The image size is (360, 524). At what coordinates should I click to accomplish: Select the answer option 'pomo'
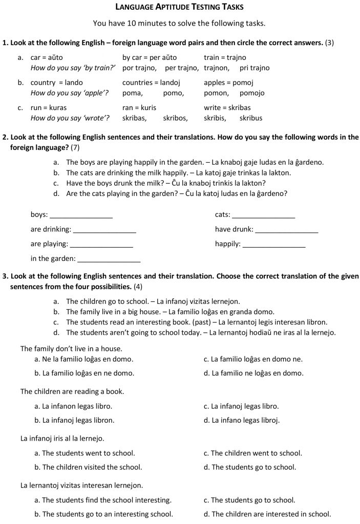tap(173, 93)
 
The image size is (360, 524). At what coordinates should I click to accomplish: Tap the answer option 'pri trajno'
tap(255, 68)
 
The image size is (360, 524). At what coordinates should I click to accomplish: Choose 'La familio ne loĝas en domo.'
tap(253, 374)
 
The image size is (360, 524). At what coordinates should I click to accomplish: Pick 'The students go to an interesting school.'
tap(103, 514)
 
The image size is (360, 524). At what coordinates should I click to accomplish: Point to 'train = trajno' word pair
tap(225, 58)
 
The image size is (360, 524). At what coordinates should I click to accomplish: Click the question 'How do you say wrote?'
tap(70, 118)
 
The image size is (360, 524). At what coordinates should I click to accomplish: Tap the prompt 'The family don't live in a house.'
tap(71, 349)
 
